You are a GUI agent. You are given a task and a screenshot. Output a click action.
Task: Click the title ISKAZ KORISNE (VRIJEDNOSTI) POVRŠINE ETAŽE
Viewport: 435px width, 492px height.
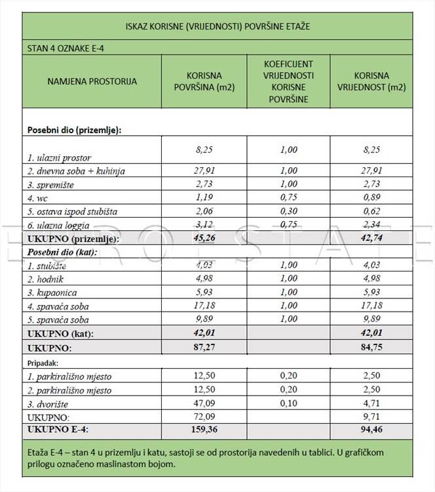tap(217, 27)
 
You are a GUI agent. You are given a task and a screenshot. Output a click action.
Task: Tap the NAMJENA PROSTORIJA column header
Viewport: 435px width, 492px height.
tap(92, 82)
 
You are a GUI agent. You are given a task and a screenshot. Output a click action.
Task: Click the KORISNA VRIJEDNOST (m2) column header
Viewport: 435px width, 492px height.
tap(371, 82)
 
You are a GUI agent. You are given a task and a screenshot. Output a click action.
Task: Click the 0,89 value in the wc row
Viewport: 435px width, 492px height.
tap(371, 197)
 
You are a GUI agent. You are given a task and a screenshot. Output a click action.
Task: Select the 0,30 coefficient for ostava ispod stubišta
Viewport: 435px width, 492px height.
tap(288, 211)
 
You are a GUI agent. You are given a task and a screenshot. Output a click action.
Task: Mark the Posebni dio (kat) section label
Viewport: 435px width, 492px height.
tap(62, 252)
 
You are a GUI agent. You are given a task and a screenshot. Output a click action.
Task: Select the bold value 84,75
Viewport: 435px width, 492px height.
tap(371, 347)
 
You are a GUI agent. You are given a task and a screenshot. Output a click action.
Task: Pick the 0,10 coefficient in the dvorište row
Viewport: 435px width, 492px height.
tap(288, 403)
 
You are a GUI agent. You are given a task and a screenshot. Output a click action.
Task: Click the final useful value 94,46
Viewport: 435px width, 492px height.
tap(371, 431)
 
